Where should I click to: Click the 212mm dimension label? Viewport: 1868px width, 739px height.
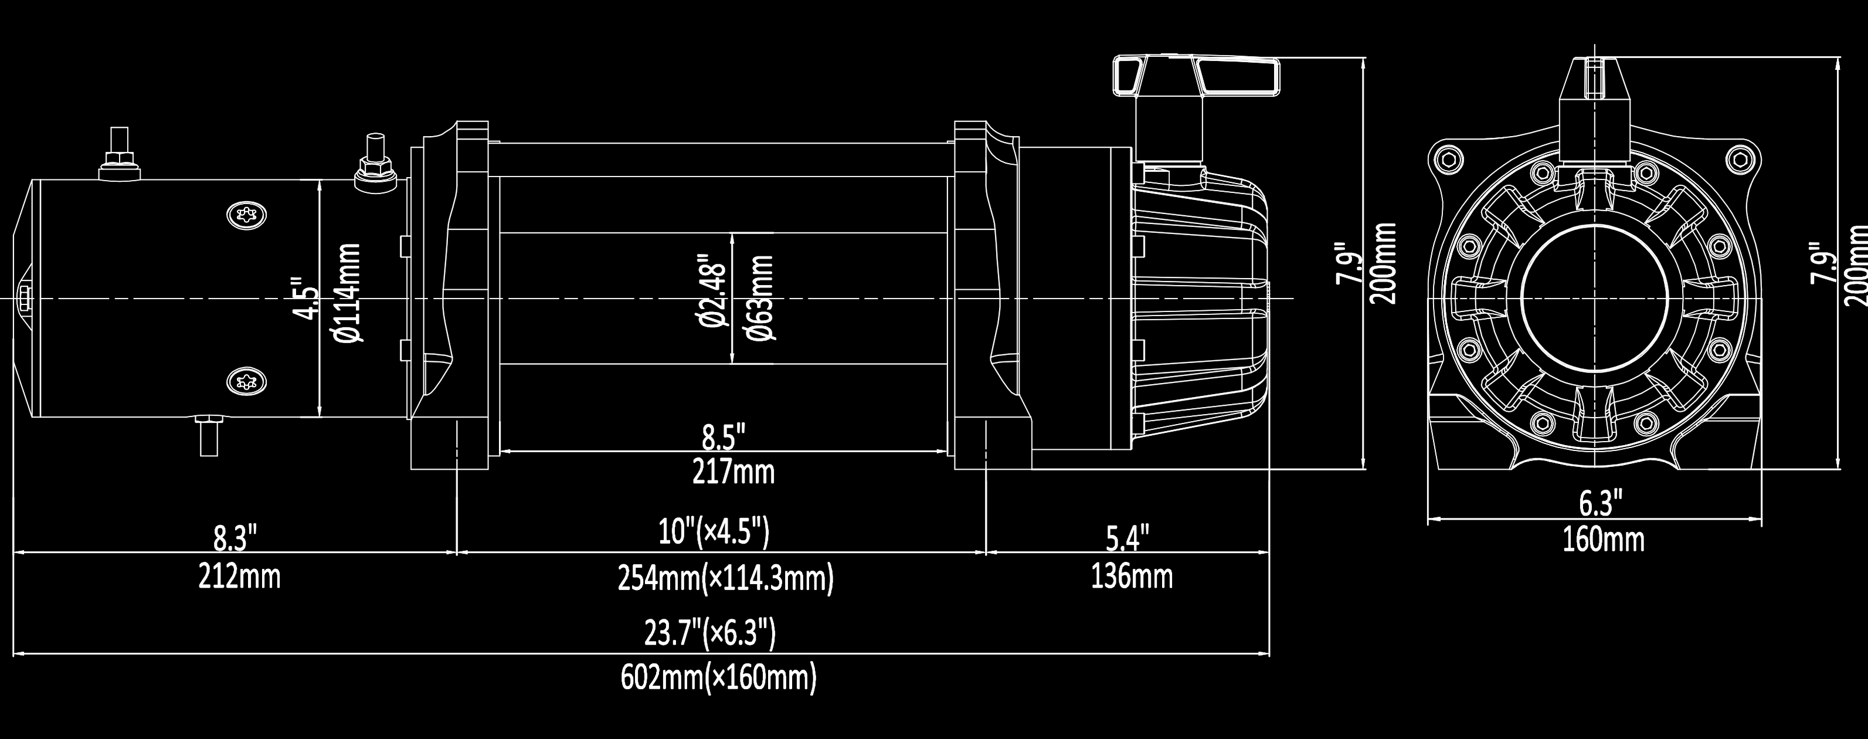pyautogui.click(x=239, y=577)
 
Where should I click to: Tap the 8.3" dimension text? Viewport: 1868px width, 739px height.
pyautogui.click(x=236, y=540)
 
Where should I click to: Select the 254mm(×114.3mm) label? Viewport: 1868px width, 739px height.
pyautogui.click(x=725, y=579)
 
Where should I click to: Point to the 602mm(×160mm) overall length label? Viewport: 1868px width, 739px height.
pyautogui.click(x=718, y=678)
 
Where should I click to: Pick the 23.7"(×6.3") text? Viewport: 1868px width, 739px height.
pyautogui.click(x=710, y=632)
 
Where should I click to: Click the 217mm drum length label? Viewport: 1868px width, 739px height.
pyautogui.click(x=733, y=472)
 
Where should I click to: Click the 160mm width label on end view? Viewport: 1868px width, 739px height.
pyautogui.click(x=1604, y=540)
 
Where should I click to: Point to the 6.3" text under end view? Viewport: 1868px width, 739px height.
pyautogui.click(x=1601, y=503)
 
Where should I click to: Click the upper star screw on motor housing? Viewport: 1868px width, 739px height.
pyautogui.click(x=247, y=215)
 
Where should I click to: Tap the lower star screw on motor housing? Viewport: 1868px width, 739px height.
pyautogui.click(x=247, y=380)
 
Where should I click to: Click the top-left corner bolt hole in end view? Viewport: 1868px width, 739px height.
pyautogui.click(x=1448, y=159)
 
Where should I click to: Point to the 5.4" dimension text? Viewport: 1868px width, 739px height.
pyautogui.click(x=1127, y=539)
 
